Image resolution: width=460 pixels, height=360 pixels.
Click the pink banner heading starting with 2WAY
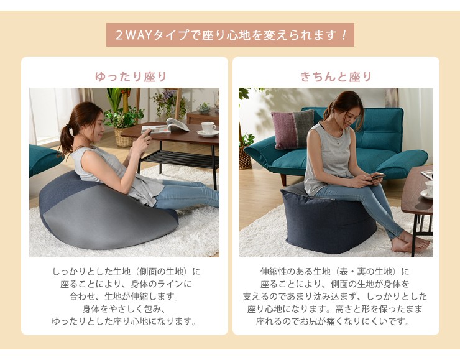(230, 35)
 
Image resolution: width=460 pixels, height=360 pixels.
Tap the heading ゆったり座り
(131, 76)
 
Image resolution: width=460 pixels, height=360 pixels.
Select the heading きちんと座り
(336, 76)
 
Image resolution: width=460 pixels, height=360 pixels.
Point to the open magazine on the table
(167, 126)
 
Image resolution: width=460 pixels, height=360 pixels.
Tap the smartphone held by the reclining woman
(147, 133)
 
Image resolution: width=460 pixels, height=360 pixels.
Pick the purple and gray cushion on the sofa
(292, 129)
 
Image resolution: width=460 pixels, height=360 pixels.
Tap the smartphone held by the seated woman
(375, 177)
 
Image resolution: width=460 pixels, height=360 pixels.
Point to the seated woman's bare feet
(408, 241)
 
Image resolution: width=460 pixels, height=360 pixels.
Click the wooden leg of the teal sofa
(284, 178)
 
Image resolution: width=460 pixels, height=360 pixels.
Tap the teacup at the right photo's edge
(428, 190)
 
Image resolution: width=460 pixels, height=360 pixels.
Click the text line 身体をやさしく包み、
(124, 309)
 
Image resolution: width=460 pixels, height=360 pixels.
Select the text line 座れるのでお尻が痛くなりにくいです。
(334, 321)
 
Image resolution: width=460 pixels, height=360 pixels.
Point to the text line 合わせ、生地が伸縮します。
(124, 297)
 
